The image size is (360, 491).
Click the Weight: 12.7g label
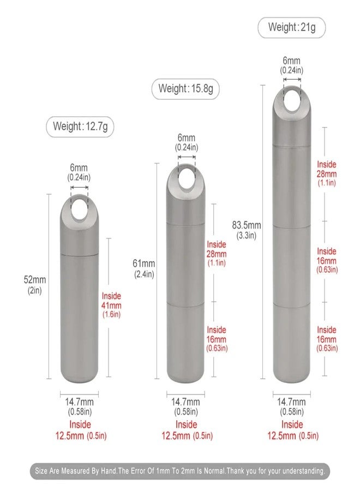click(80, 127)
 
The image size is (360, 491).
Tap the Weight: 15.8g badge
click(185, 88)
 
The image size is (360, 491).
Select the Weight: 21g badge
click(291, 28)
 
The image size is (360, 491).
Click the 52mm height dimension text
click(35, 285)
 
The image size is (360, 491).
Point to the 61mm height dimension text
click(143, 268)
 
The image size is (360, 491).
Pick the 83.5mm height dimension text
click(247, 230)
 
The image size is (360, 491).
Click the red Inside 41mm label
click(111, 305)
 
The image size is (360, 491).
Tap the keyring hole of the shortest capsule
click(79, 208)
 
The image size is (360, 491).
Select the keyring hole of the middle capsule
click(187, 177)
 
